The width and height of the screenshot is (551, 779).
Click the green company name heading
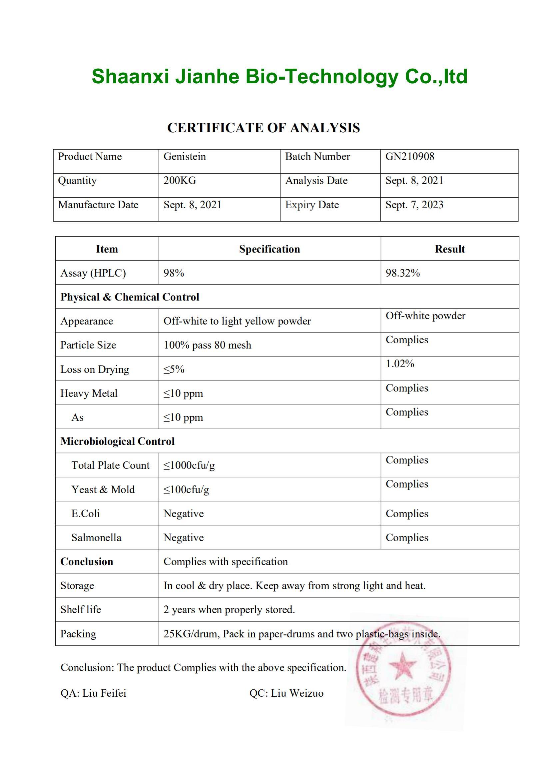pyautogui.click(x=279, y=77)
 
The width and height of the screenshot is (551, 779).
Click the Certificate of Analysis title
pyautogui.click(x=263, y=128)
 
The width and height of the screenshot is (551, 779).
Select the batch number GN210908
pyautogui.click(x=409, y=156)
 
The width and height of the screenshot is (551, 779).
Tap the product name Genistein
pyautogui.click(x=185, y=156)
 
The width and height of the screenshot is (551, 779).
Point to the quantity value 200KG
pyautogui.click(x=180, y=181)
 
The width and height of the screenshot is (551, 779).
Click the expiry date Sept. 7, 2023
pyautogui.click(x=414, y=205)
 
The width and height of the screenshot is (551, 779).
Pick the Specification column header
pyautogui.click(x=270, y=249)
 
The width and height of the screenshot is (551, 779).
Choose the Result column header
pyautogui.click(x=449, y=249)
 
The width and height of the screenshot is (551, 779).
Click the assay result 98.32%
pyautogui.click(x=403, y=273)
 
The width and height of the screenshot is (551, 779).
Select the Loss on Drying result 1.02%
pyautogui.click(x=400, y=364)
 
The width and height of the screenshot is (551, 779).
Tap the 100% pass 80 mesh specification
pyautogui.click(x=207, y=345)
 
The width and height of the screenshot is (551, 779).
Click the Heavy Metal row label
pyautogui.click(x=89, y=393)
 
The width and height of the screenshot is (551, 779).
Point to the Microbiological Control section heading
pyautogui.click(x=117, y=441)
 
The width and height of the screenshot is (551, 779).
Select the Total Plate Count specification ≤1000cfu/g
pyautogui.click(x=189, y=465)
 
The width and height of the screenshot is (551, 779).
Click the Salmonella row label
pyautogui.click(x=96, y=537)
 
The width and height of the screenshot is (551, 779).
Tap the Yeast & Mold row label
pyautogui.click(x=103, y=489)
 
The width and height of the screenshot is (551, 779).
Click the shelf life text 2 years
pyautogui.click(x=229, y=610)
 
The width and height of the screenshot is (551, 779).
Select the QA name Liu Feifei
pyautogui.click(x=104, y=693)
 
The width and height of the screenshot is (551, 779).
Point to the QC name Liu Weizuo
pyautogui.click(x=297, y=693)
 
